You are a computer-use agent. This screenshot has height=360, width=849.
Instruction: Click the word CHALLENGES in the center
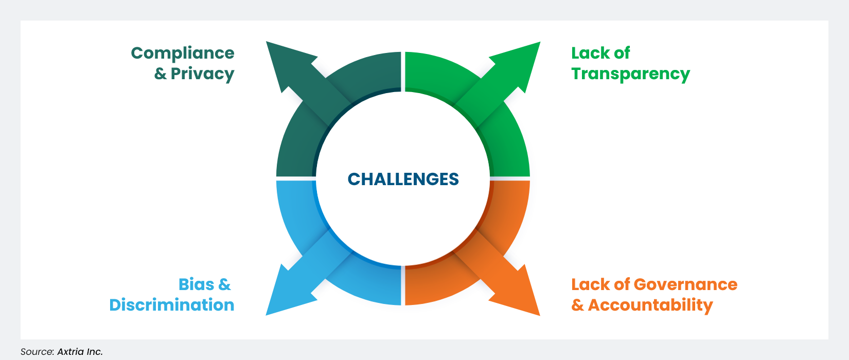pos(403,179)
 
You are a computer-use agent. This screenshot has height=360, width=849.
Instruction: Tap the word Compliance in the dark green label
pos(183,53)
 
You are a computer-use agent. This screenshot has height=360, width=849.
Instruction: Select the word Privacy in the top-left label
pos(202,74)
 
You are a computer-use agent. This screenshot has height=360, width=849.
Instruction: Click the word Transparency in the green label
pos(630,74)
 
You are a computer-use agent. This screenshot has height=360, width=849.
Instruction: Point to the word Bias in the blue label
pos(197,284)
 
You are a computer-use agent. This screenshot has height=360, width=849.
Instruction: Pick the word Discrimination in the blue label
pos(172,305)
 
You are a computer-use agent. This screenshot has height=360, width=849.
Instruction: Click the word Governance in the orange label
pos(685,284)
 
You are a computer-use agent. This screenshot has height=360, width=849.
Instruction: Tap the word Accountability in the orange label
pos(650,305)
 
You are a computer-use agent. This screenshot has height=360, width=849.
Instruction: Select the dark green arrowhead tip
pos(269,45)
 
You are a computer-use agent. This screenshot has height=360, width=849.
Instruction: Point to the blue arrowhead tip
pos(269,312)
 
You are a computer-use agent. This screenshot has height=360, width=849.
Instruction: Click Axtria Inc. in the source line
pos(80,352)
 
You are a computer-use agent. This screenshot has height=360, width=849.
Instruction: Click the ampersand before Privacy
pos(161,74)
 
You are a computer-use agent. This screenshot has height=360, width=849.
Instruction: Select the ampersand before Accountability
pos(577,305)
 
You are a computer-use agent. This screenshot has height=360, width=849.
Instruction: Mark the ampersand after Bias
pos(224,284)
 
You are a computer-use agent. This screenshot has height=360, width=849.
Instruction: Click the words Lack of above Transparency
pos(600,53)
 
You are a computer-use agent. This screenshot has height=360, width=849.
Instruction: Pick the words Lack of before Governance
pos(600,284)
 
